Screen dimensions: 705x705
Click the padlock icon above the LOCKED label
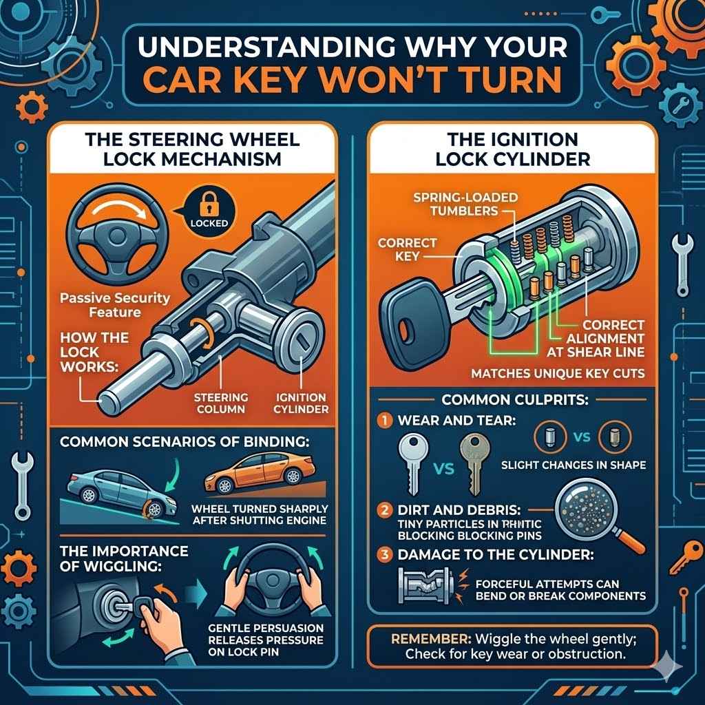(204, 206)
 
